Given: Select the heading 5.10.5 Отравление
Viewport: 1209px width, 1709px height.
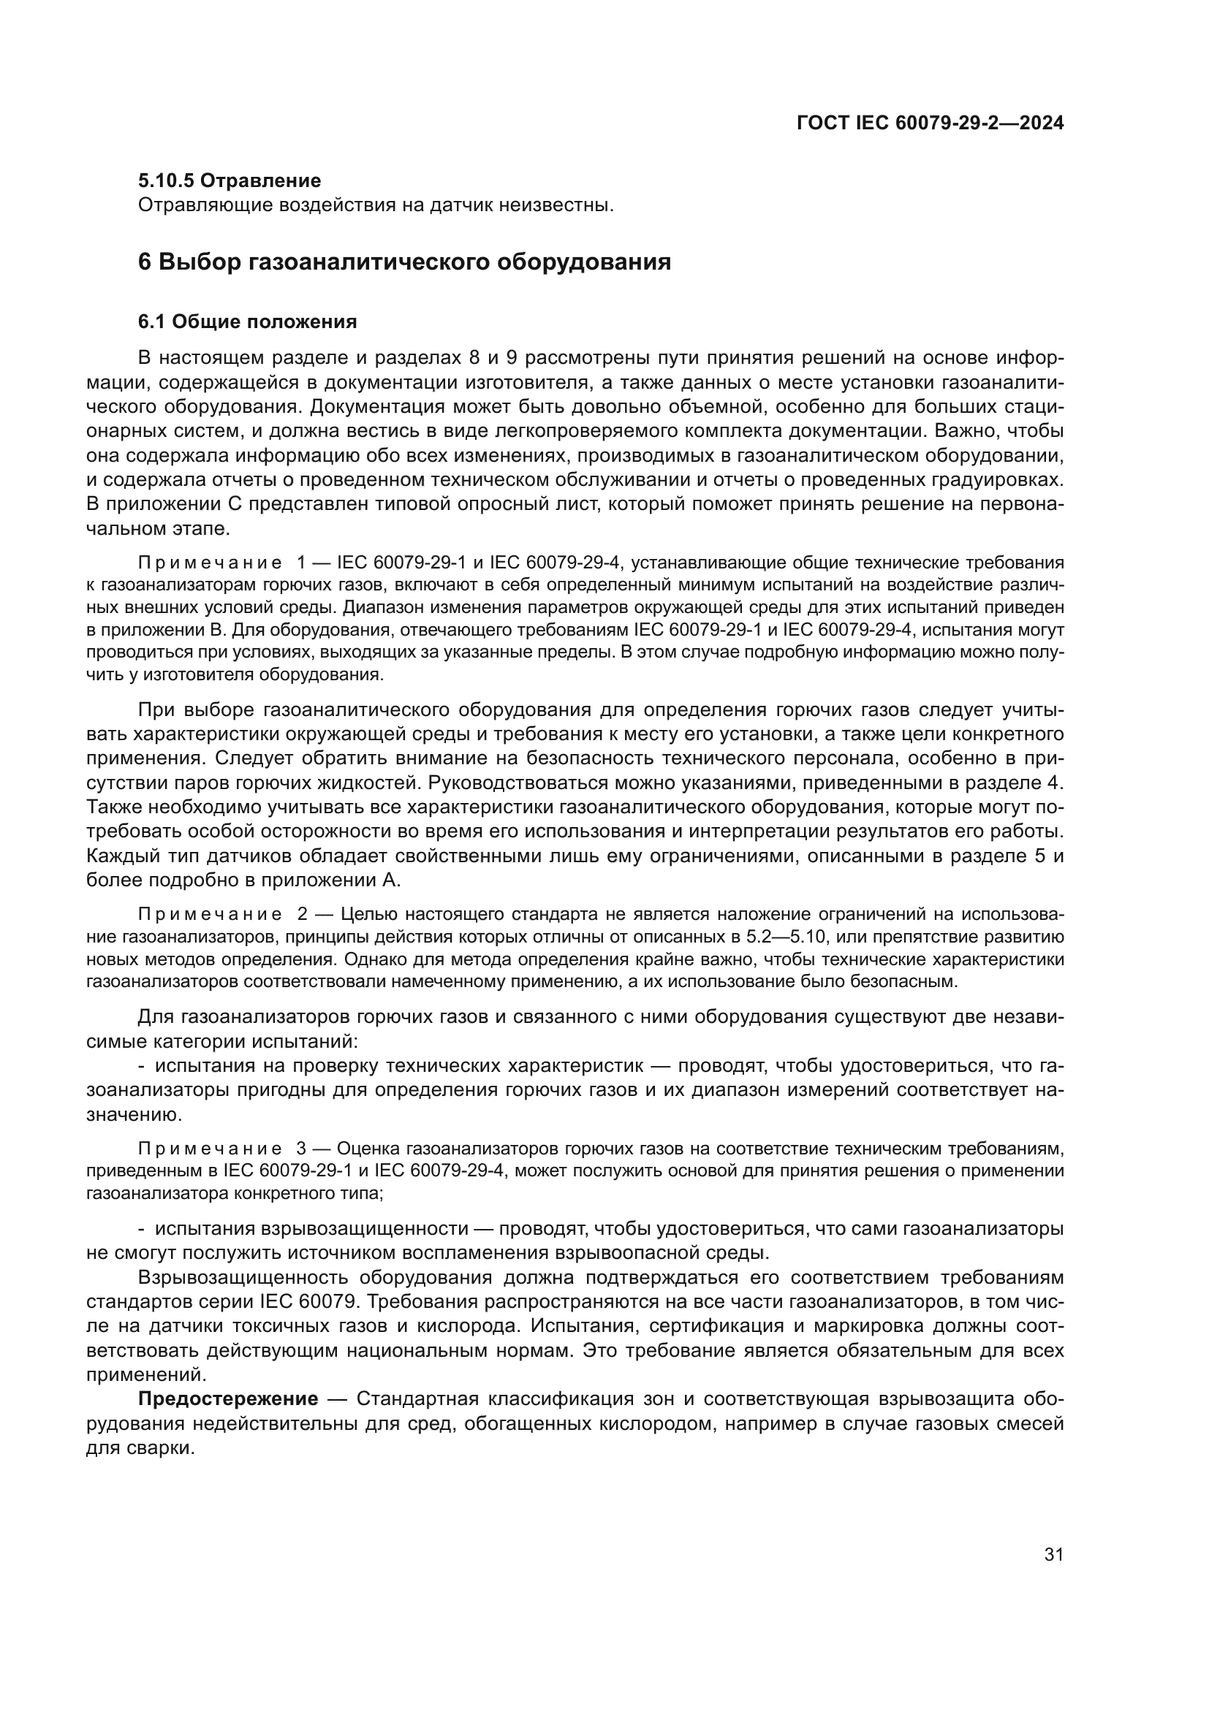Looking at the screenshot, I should [230, 180].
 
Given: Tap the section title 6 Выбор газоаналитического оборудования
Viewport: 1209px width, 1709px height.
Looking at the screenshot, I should [404, 262].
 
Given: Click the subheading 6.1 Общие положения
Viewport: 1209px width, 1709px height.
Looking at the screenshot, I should [247, 321].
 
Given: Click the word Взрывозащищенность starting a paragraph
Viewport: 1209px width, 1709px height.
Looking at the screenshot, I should [243, 1277].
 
